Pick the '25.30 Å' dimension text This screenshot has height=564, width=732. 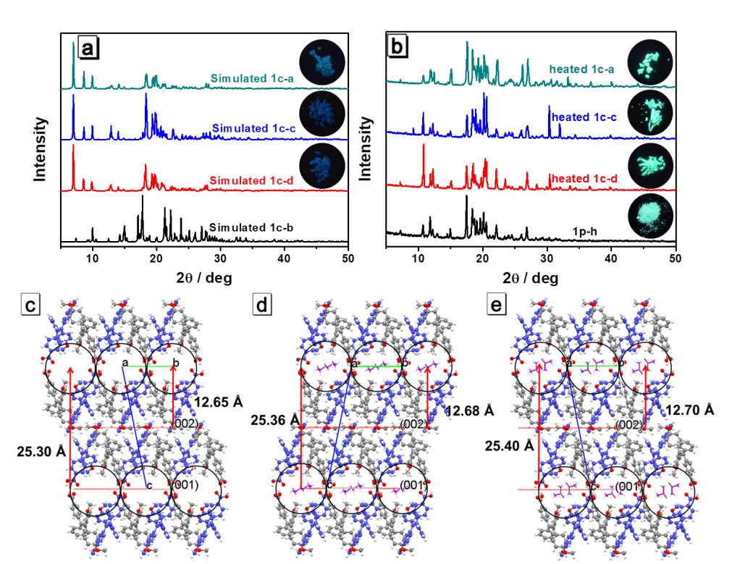point(41,450)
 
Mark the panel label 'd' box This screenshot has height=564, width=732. point(261,306)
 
